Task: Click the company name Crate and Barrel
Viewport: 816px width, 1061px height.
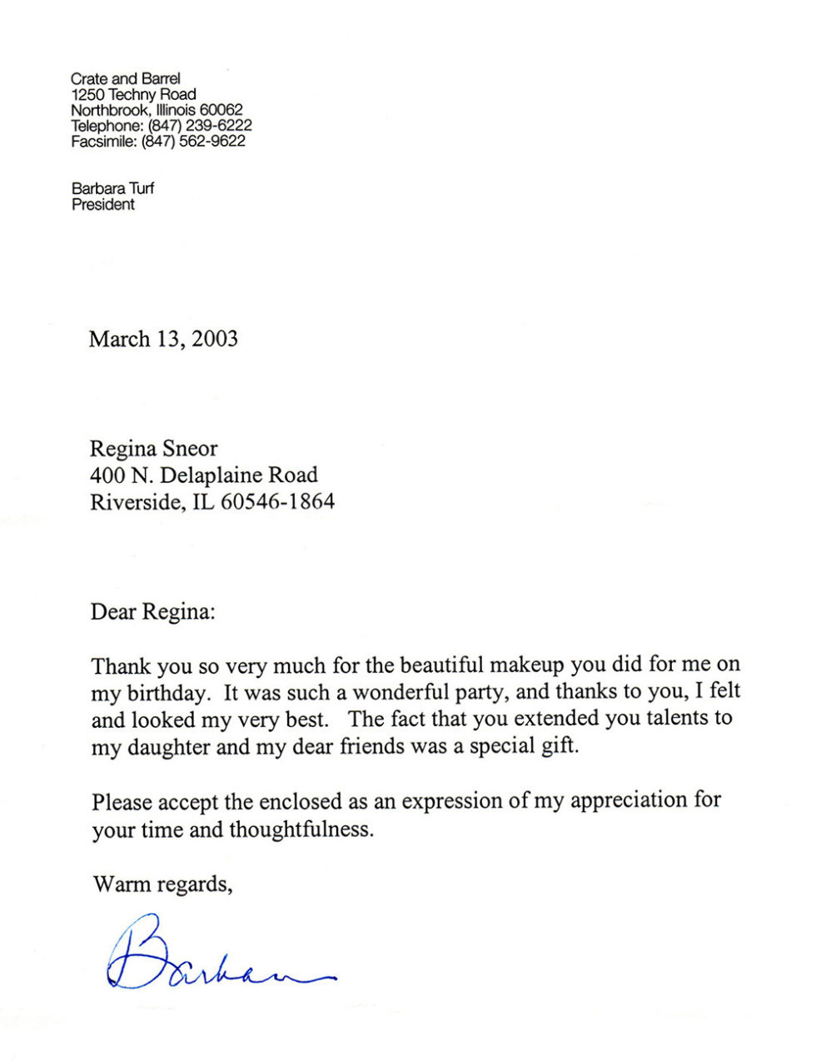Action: point(125,79)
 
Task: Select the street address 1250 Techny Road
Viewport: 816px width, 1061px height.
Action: point(133,95)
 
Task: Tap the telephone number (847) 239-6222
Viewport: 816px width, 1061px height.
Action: point(200,126)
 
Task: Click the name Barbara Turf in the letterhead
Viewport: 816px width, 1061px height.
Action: point(112,189)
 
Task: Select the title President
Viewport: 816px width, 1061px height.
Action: point(102,205)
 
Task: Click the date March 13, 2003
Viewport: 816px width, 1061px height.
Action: point(163,339)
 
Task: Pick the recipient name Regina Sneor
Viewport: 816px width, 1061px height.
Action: point(153,449)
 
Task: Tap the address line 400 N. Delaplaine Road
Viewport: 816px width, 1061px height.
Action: point(204,476)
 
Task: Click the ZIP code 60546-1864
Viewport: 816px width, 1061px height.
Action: point(277,502)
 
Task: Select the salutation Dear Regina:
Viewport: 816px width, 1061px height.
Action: point(152,612)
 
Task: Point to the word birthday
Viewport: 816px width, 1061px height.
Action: point(167,693)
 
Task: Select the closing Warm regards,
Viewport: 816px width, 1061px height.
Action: point(162,884)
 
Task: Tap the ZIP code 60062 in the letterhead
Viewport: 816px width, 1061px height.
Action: point(221,111)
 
